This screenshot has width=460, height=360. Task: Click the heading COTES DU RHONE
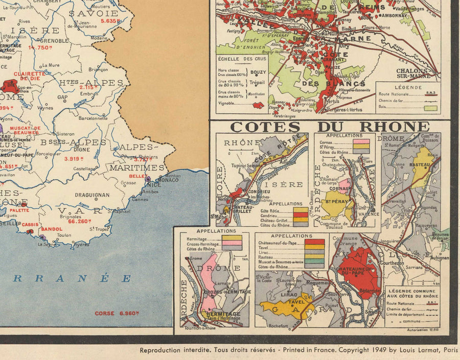point(330,127)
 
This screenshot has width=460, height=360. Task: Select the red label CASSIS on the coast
point(29,224)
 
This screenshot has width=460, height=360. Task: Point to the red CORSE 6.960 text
point(112,313)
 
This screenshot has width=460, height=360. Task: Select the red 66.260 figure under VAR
point(80,221)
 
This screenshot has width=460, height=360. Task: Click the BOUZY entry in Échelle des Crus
point(257,73)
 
